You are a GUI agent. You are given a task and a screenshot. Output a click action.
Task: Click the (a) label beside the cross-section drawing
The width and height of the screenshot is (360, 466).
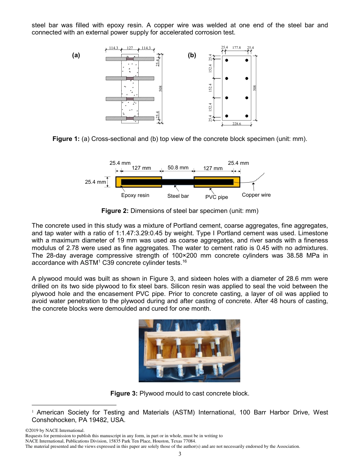tap(76, 55)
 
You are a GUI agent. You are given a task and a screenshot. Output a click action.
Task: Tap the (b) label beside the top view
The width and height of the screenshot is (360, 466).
tap(192, 55)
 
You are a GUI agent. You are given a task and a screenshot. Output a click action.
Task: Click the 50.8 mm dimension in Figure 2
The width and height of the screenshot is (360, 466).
tap(178, 167)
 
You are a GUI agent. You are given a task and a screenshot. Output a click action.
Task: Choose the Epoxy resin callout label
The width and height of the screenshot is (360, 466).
tap(135, 195)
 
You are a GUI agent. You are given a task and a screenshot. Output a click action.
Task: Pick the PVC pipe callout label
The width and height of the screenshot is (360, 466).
tap(217, 197)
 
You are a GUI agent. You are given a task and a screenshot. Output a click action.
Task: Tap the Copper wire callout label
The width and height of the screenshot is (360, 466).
tap(256, 195)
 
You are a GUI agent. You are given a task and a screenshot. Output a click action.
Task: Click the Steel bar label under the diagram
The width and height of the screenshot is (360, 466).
tap(178, 196)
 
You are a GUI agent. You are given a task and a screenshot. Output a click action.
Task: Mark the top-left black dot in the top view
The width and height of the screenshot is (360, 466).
tap(227, 60)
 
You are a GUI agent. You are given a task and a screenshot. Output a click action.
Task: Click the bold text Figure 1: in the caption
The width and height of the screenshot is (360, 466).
tap(66, 139)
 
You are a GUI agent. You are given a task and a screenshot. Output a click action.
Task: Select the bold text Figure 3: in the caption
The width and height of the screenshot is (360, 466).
tap(124, 394)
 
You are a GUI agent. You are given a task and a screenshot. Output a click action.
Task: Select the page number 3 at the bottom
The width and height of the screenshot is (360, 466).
tap(180, 455)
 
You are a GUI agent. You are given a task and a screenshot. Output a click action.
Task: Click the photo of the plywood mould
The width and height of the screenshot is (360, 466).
tap(189, 350)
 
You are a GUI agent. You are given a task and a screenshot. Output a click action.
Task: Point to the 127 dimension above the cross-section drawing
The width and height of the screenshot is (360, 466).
tap(130, 48)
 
